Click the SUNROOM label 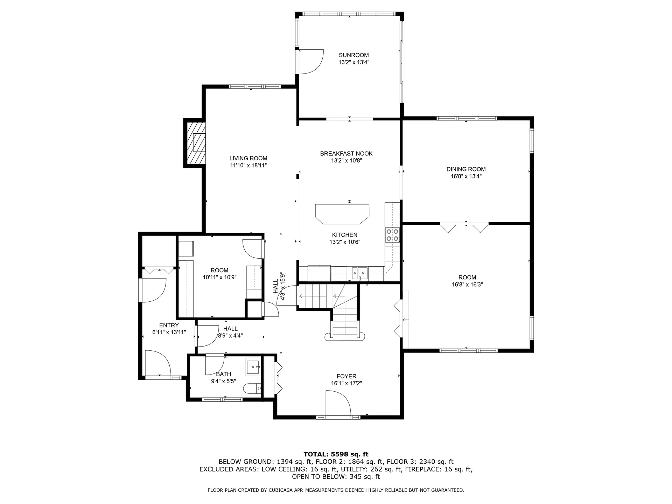click(353, 55)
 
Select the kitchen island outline click(342, 214)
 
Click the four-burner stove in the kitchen click(392, 235)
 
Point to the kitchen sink click(360, 272)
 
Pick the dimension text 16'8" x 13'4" click(466, 176)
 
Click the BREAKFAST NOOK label click(346, 153)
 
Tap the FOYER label click(346, 376)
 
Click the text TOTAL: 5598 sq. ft click(336, 454)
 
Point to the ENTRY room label click(169, 325)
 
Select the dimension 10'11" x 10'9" click(219, 277)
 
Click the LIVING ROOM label click(248, 158)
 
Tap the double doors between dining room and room click(466, 226)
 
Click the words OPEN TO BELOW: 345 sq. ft click(336, 477)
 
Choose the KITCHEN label click(344, 235)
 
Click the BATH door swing click(214, 364)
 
